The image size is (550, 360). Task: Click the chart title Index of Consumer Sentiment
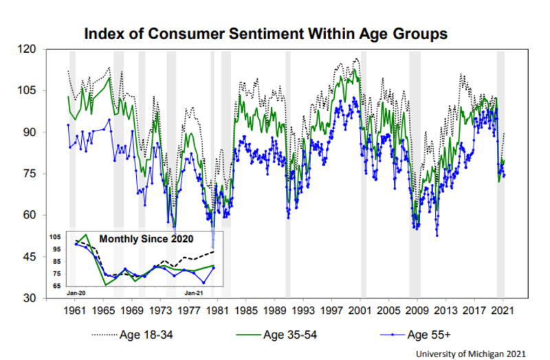(x=265, y=33)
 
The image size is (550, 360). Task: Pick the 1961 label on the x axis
(x=74, y=310)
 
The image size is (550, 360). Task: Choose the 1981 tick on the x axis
(x=217, y=310)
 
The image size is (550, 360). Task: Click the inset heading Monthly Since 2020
(x=146, y=239)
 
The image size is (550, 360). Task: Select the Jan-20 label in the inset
(x=76, y=293)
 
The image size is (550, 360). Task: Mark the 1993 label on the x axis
(x=302, y=310)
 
